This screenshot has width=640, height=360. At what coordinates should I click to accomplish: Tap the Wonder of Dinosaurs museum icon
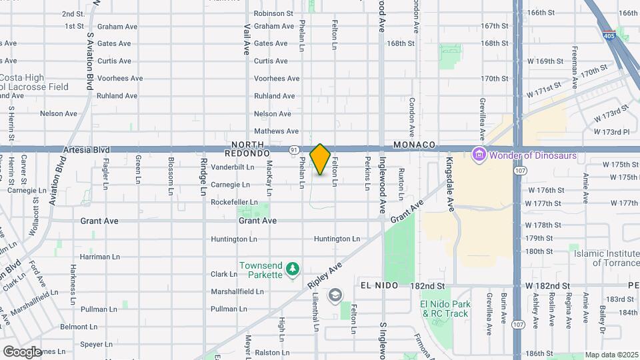tap(478, 155)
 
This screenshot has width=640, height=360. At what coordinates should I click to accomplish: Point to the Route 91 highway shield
tap(293, 150)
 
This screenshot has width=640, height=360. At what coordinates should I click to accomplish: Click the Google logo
tap(22, 351)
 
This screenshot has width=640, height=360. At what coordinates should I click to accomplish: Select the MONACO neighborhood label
tap(414, 145)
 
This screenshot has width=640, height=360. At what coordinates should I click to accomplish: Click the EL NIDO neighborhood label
tap(379, 285)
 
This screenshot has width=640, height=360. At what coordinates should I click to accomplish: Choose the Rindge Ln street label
tap(204, 176)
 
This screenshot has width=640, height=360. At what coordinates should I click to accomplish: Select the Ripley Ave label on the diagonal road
tap(325, 274)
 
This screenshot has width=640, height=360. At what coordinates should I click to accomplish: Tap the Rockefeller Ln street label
tap(234, 202)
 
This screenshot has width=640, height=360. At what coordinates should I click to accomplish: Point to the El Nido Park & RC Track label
tap(445, 309)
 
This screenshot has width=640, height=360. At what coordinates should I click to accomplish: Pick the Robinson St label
tap(273, 13)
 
